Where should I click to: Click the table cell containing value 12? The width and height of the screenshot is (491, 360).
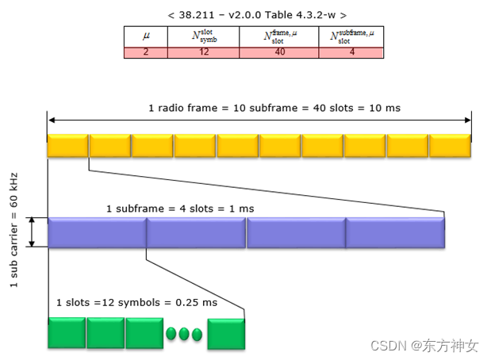(203, 52)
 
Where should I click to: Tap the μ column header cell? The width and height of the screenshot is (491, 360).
(145, 36)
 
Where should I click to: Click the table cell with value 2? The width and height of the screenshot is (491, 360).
(145, 52)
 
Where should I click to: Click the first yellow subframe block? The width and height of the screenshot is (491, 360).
(67, 146)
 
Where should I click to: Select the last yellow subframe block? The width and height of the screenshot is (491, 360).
(450, 146)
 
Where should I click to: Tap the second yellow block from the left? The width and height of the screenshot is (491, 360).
(110, 146)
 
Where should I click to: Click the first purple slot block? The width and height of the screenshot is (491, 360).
(97, 232)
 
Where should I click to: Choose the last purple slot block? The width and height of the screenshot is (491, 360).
(395, 232)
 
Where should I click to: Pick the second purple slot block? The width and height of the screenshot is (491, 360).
(196, 232)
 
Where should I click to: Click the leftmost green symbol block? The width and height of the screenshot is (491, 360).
(66, 333)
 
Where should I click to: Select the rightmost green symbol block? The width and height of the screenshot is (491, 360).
(227, 333)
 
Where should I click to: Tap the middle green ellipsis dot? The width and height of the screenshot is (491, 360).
(184, 334)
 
